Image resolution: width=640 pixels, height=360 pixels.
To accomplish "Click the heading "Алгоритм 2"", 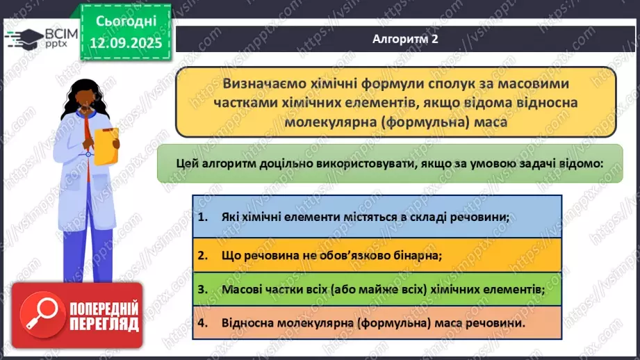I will coord(405,40).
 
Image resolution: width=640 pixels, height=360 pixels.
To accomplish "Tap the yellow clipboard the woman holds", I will coord(106,145).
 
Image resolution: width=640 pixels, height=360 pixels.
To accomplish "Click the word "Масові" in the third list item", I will coord(243,289).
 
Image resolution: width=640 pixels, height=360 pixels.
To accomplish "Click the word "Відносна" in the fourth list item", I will coord(249,323).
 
